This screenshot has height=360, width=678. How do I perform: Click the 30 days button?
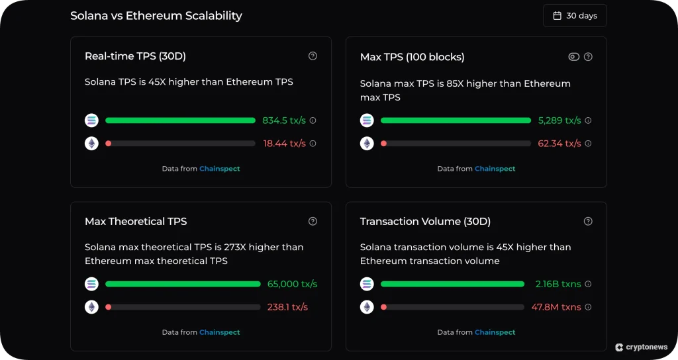point(575,16)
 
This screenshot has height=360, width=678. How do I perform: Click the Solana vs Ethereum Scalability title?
point(156,16)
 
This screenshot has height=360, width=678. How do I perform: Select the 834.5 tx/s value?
point(284,120)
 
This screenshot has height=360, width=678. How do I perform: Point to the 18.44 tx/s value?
point(285,143)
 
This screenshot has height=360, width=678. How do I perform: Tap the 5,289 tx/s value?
point(559,120)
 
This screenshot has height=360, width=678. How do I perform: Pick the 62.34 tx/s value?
point(559,143)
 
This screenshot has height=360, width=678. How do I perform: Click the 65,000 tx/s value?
point(292,284)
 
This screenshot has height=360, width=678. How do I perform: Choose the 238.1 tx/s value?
point(287,307)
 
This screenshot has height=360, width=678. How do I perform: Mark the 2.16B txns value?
point(558,284)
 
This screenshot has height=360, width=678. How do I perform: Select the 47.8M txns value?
point(556,307)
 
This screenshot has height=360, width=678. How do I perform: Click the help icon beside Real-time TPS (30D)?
point(313,56)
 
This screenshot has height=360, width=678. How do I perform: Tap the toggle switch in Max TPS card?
point(574,57)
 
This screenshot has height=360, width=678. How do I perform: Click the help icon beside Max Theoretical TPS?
point(313,221)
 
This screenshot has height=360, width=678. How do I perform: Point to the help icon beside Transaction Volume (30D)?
point(588,221)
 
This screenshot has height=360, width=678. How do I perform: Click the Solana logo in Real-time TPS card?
point(91,120)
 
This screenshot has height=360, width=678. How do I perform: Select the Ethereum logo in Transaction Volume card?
point(367,307)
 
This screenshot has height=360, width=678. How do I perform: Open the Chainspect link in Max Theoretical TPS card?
point(219,332)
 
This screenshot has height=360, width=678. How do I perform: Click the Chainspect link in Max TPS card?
point(495,169)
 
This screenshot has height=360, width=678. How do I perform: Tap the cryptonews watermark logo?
point(642,347)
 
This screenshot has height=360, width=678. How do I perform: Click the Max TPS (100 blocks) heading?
point(412,57)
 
